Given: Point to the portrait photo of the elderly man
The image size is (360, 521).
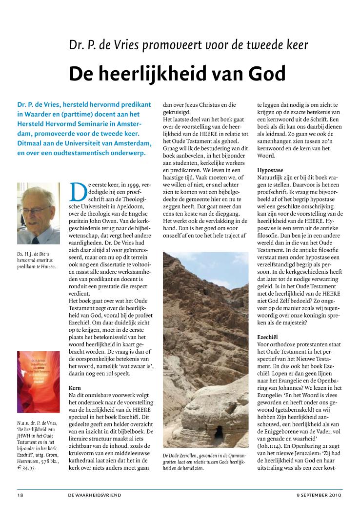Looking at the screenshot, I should (38, 213).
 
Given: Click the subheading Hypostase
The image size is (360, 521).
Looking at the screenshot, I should (272, 170).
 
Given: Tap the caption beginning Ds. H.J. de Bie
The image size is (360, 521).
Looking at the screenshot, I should (37, 260).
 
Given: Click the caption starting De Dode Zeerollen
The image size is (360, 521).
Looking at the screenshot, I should (205, 461).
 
